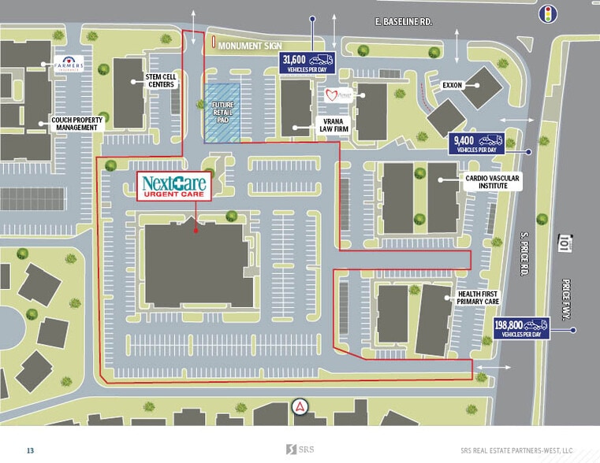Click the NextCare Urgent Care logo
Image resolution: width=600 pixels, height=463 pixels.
(x=173, y=186)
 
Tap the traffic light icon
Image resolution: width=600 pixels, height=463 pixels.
(x=548, y=13)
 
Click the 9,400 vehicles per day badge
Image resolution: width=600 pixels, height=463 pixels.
(x=476, y=143)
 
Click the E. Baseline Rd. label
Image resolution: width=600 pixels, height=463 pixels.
(x=403, y=24)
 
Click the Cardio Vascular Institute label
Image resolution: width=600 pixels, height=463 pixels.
(x=493, y=183)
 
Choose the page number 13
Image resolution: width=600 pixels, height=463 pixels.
(x=30, y=450)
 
